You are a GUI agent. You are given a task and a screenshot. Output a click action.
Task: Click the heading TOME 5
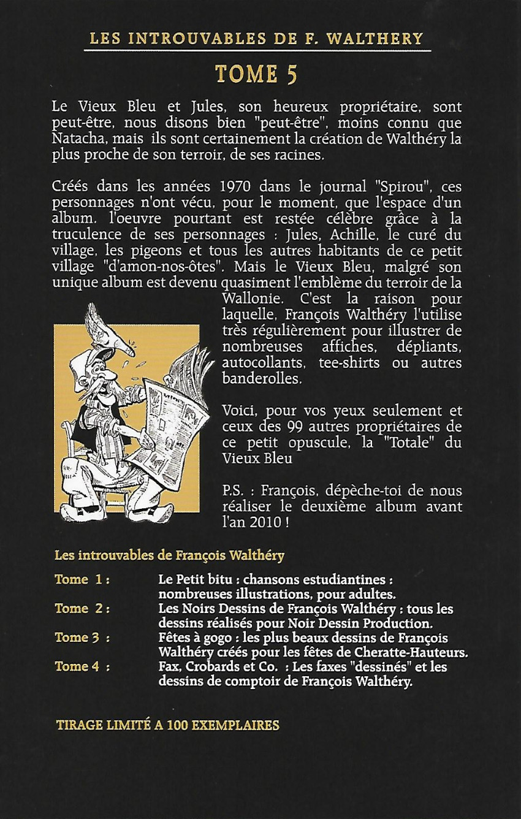point(256,75)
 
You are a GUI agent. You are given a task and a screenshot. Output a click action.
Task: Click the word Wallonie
point(248,299)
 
